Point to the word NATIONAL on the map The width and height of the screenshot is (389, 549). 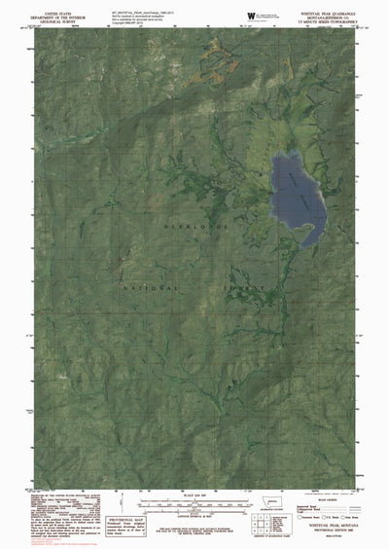click(151, 288)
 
